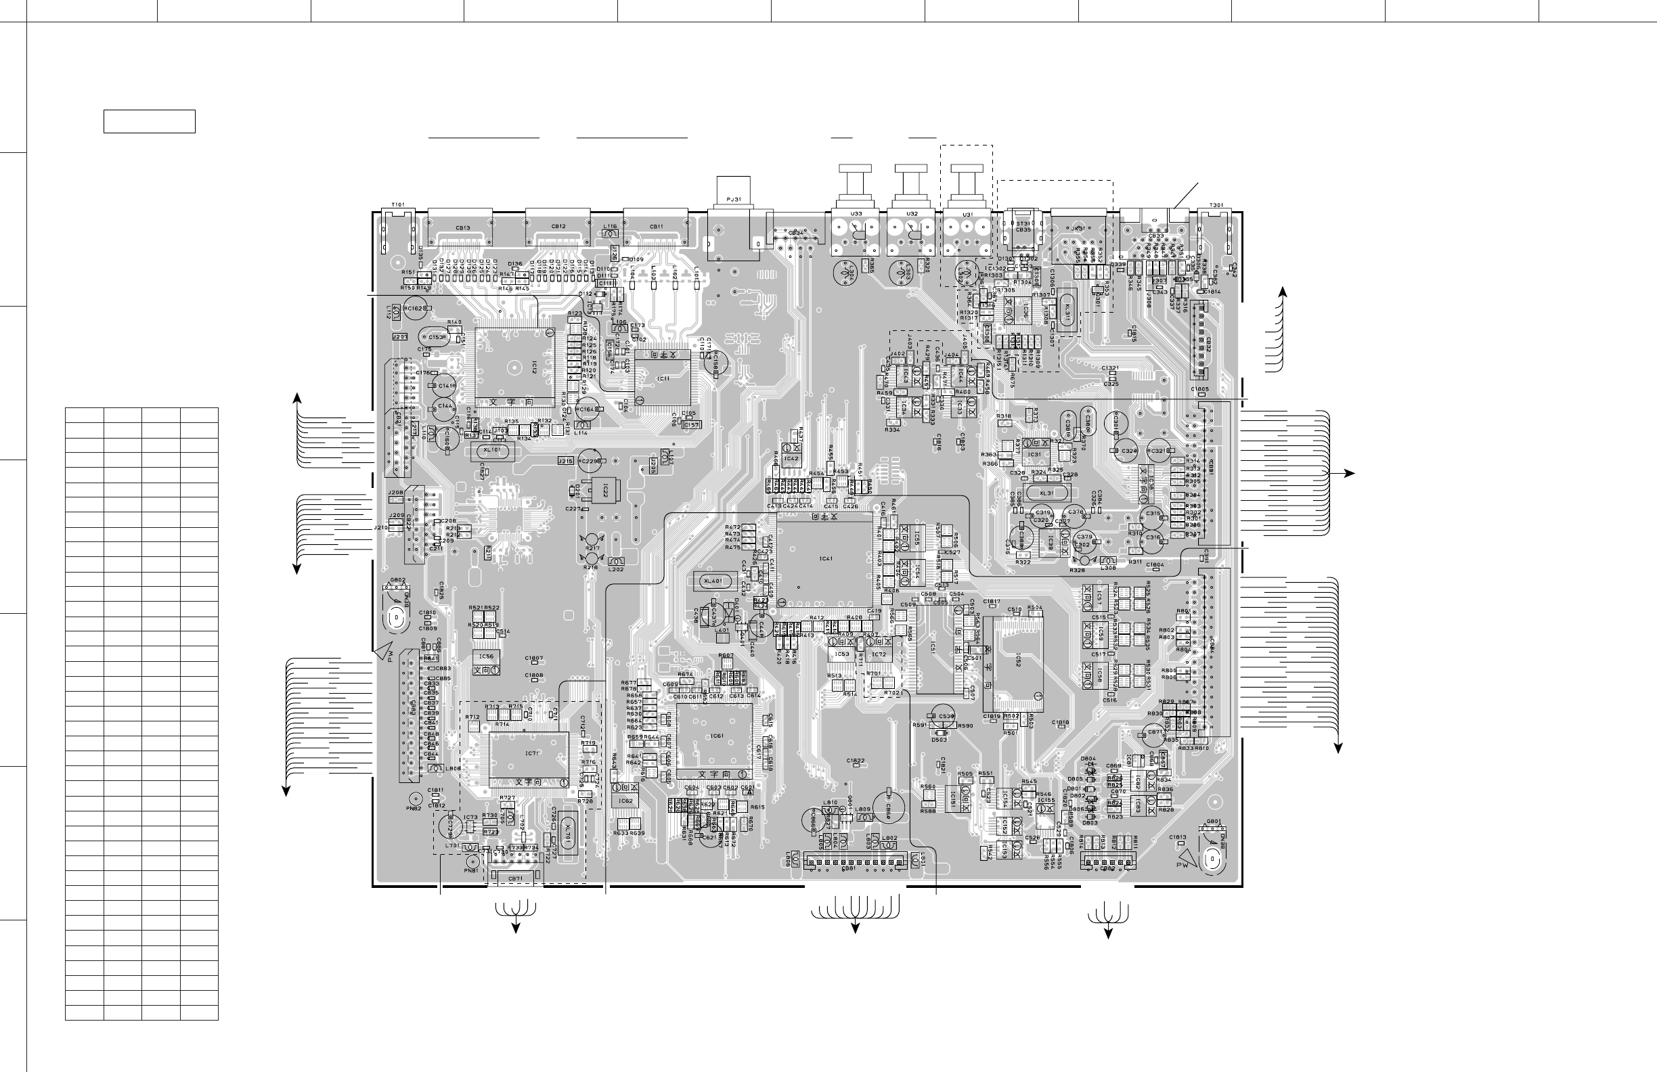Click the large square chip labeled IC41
[x=825, y=559]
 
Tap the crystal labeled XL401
[x=713, y=581]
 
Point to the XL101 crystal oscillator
[x=491, y=450]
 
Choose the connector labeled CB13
[x=462, y=227]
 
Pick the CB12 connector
[x=558, y=227]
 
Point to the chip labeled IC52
[x=1017, y=660]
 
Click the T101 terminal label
[x=397, y=204]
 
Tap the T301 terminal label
[x=1216, y=204]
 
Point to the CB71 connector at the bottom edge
[x=515, y=878]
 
